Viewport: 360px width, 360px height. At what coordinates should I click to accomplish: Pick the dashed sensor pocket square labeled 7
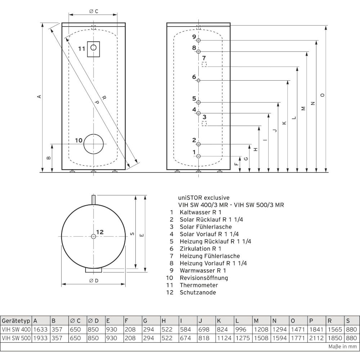pyautogui.click(x=204, y=64)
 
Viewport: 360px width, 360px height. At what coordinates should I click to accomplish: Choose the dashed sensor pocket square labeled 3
pyautogui.click(x=204, y=123)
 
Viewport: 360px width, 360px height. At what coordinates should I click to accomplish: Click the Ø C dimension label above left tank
pyautogui.click(x=94, y=11)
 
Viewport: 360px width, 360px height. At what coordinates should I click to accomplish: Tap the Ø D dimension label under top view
pyautogui.click(x=94, y=280)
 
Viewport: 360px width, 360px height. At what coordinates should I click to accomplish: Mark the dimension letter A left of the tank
pyautogui.click(x=39, y=96)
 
